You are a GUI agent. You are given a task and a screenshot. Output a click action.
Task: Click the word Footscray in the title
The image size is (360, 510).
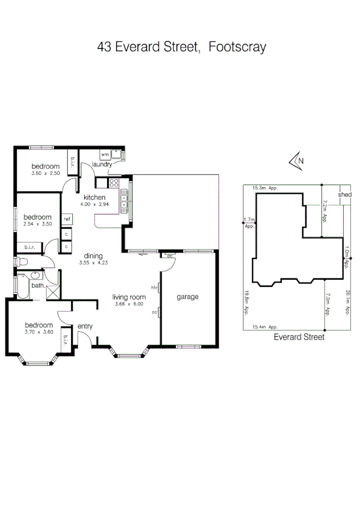(237, 47)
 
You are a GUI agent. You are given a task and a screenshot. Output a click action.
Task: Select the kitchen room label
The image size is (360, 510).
(94, 197)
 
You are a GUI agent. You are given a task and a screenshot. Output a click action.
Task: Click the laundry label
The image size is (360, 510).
(103, 164)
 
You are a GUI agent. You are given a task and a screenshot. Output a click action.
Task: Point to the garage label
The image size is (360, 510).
(188, 296)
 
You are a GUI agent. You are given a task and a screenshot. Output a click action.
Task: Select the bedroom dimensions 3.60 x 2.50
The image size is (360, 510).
(46, 173)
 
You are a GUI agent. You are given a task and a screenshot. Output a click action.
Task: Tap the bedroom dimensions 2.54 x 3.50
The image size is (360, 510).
(37, 224)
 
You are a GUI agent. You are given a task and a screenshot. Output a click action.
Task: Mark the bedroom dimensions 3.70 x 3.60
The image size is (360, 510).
(39, 331)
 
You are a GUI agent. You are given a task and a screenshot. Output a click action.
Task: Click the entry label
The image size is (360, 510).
(85, 327)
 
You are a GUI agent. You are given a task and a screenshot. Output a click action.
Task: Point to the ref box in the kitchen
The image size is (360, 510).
(67, 219)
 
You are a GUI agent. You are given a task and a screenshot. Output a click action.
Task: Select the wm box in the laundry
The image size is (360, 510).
(105, 155)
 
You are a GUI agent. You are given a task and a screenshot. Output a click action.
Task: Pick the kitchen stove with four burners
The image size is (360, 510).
(124, 199)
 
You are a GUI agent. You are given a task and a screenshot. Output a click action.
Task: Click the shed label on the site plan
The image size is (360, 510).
(344, 195)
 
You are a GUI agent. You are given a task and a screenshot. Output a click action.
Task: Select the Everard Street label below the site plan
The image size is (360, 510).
(299, 337)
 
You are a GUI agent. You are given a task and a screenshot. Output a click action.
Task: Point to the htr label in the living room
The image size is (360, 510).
(154, 288)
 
